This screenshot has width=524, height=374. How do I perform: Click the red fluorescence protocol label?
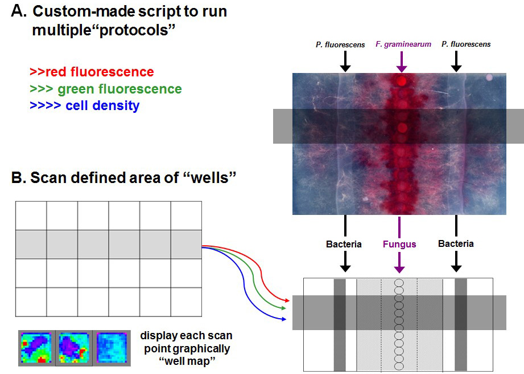click(92, 72)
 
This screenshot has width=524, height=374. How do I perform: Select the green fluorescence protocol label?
click(106, 89)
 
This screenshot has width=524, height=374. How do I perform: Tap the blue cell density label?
click(85, 105)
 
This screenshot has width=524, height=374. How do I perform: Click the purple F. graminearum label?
click(403, 44)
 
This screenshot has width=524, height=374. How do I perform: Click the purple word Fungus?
click(399, 244)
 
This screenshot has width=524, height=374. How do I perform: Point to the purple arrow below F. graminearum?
click(401, 62)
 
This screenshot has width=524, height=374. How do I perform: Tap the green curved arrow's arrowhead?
click(283, 308)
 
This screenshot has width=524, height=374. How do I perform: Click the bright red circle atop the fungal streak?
click(402, 81)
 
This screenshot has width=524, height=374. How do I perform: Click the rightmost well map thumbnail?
click(112, 348)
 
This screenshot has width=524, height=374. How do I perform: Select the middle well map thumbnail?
click(74, 348)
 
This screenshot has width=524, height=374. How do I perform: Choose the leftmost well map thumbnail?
click(36, 348)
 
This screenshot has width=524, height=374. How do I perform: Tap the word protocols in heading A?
click(138, 30)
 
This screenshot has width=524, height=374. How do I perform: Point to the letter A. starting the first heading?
click(19, 11)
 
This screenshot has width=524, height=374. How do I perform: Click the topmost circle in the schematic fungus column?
click(399, 283)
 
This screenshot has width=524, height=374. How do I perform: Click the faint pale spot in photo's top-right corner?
click(489, 78)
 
